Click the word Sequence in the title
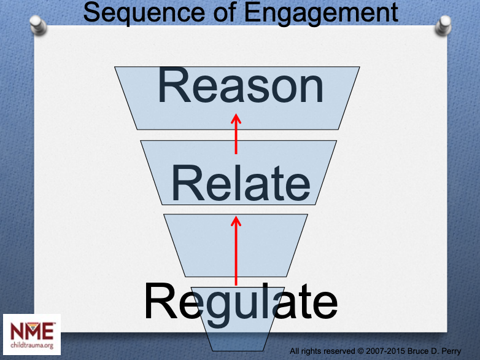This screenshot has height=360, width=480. coord(144,12)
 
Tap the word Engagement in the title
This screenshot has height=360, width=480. coord(321,12)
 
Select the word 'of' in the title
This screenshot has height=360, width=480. coord(225,12)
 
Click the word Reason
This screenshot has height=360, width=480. coord(241,85)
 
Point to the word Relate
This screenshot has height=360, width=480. coord(241,183)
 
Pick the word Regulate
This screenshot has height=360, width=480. coord(241,304)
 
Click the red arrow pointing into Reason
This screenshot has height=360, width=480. coord(236,134)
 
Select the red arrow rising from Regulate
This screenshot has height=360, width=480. coord(236,251)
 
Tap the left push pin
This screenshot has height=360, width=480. coord(38,24)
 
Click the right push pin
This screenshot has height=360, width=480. coord(443,25)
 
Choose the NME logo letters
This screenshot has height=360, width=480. coord(32,331)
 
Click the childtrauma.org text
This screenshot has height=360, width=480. coord(32,345)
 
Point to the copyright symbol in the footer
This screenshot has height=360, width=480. coord(360,351)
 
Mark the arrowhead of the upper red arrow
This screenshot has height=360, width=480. coord(236,119)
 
